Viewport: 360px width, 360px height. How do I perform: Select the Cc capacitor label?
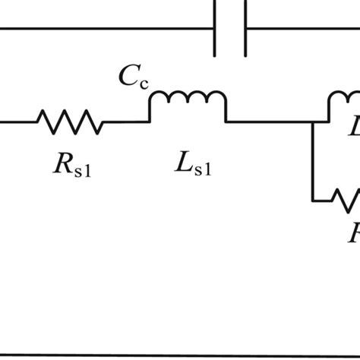[x=131, y=77]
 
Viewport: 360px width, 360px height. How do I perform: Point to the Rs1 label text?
[x=74, y=166]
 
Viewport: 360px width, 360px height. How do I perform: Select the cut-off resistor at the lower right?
[x=350, y=201]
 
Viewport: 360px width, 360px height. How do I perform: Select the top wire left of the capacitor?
[x=106, y=30]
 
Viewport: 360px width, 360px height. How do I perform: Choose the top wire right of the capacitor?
[x=304, y=30]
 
